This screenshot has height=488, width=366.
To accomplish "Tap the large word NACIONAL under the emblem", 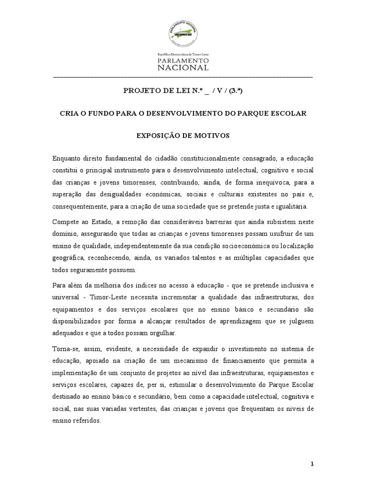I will click(183, 68).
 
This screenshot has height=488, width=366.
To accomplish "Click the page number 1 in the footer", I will click(312, 465).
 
